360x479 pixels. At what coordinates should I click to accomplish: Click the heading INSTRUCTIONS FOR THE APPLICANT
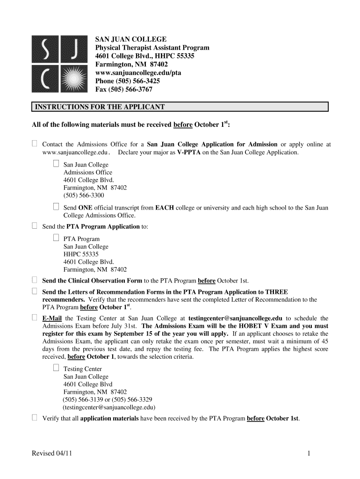click(x=99, y=107)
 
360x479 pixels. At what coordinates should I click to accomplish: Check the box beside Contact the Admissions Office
click(x=34, y=144)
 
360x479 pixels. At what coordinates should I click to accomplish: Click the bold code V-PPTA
click(x=190, y=152)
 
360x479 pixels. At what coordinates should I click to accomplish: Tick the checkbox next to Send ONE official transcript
click(x=56, y=207)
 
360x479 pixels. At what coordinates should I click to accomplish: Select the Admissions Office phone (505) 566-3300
click(x=84, y=196)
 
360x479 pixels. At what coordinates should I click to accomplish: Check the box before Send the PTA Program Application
click(x=34, y=226)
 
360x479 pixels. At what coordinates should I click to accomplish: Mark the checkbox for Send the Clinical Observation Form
click(x=34, y=280)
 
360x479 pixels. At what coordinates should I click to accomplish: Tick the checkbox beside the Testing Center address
click(x=56, y=368)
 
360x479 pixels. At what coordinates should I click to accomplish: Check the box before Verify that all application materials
click(x=34, y=418)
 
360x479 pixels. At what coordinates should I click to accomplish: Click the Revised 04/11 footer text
click(x=51, y=453)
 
